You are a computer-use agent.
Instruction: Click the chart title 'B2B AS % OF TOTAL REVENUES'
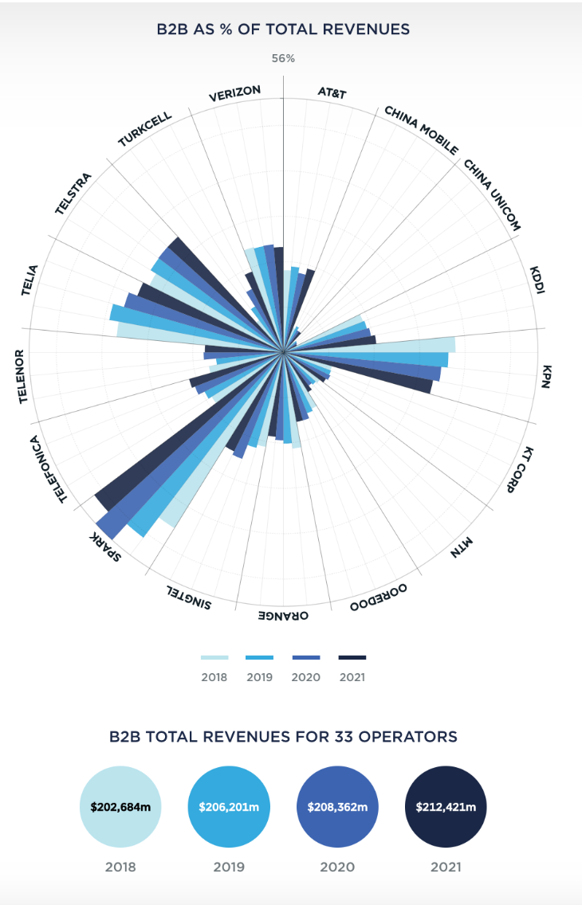[284, 29]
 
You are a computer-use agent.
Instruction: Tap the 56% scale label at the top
[283, 58]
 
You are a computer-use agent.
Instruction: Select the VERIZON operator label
[234, 94]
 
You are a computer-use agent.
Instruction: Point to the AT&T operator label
[332, 92]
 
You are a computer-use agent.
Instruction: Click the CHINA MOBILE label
[421, 130]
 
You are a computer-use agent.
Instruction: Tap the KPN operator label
[546, 377]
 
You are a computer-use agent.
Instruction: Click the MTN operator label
[462, 548]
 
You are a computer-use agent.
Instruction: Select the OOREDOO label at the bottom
[379, 597]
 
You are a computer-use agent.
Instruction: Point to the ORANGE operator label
[282, 615]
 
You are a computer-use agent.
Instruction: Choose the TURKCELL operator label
[145, 128]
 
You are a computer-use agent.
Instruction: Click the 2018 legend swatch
[214, 657]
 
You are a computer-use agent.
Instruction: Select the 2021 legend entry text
[352, 677]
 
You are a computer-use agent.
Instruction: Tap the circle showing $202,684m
[120, 807]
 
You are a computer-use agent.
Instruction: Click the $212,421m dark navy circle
[446, 807]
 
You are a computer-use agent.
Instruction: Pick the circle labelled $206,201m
[229, 807]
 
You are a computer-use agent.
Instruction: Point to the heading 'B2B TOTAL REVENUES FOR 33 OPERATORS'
[283, 737]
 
